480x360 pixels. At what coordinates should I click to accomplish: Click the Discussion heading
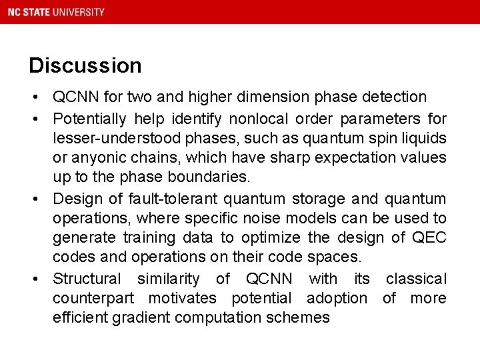click(x=85, y=65)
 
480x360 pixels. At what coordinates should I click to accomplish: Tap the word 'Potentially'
click(x=89, y=119)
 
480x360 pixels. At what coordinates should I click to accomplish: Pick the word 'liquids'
click(x=422, y=139)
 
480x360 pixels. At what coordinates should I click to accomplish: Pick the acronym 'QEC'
click(x=429, y=238)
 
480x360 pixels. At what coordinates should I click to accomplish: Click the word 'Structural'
click(x=87, y=278)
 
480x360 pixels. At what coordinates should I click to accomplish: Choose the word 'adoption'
click(x=337, y=298)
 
